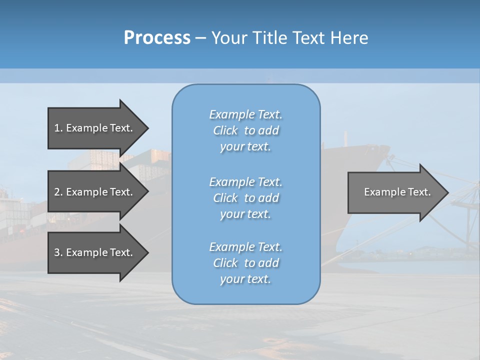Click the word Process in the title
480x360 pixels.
tap(157, 38)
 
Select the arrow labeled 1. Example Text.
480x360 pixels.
tap(95, 128)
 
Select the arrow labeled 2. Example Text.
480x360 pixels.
tap(95, 192)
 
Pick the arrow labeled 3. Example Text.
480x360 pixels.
tap(95, 252)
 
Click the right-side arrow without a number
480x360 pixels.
tap(395, 192)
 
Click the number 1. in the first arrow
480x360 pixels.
tap(58, 128)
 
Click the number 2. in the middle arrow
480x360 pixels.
tap(58, 192)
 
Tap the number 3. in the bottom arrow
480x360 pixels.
tap(58, 252)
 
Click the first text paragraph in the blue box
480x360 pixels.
tap(245, 130)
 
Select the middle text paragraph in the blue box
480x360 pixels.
tap(245, 198)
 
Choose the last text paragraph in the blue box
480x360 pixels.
tap(245, 263)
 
